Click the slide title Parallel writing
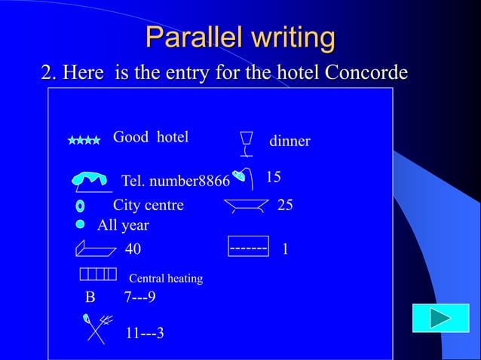(240, 37)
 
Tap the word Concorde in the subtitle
(367, 73)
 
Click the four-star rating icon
(84, 140)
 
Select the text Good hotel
(150, 137)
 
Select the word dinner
(290, 142)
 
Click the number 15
(274, 177)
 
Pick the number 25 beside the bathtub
(285, 205)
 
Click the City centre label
(148, 205)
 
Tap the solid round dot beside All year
(80, 224)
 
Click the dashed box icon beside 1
(248, 246)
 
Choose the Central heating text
(166, 279)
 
